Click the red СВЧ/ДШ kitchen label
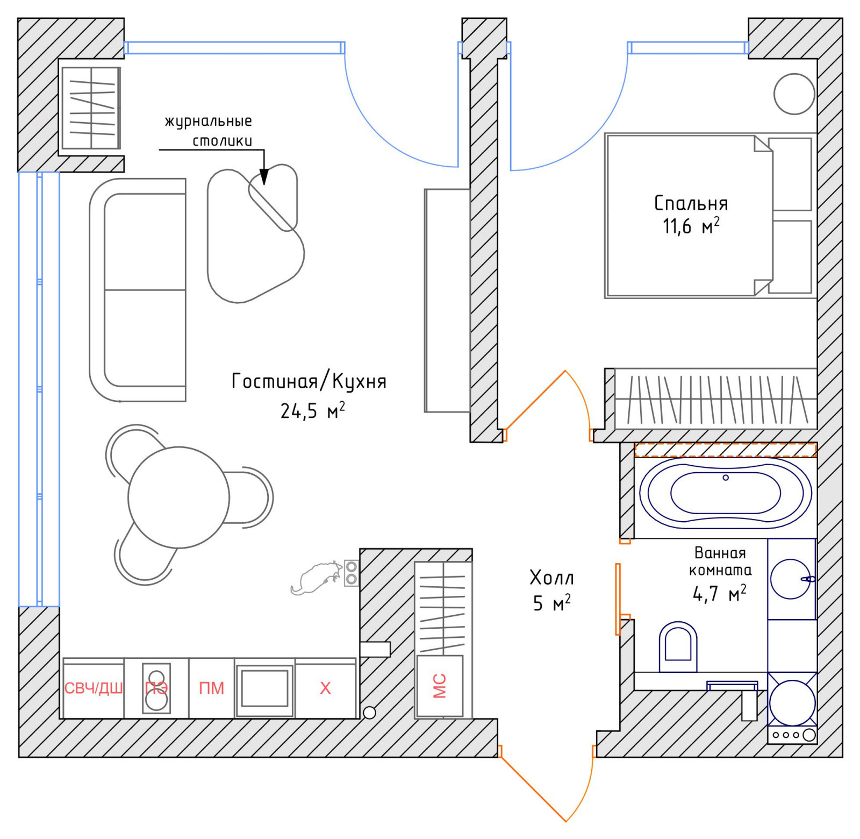click(x=94, y=688)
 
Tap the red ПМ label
click(x=211, y=688)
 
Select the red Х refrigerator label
click(x=325, y=688)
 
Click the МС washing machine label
click(x=440, y=686)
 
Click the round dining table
click(x=178, y=497)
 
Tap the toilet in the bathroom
click(x=678, y=647)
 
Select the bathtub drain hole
click(x=726, y=478)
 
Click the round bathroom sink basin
click(x=790, y=579)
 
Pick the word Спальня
click(x=691, y=203)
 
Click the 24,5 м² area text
click(x=312, y=411)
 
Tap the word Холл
click(x=551, y=578)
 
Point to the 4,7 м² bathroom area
click(x=719, y=593)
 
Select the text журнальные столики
click(x=209, y=131)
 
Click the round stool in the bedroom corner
click(x=794, y=94)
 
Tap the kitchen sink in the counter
click(x=264, y=688)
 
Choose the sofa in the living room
click(x=138, y=290)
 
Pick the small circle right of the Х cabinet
click(x=369, y=713)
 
